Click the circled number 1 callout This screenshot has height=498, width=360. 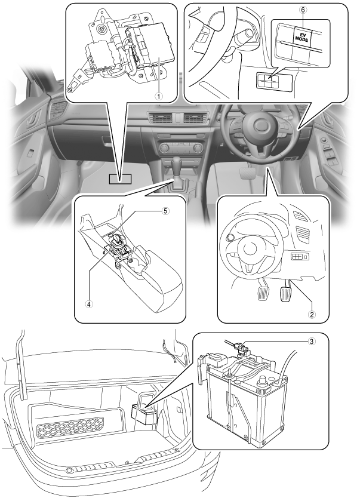[x=159, y=96]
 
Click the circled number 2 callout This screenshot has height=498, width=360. [x=312, y=314]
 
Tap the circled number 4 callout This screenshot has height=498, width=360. [x=89, y=304]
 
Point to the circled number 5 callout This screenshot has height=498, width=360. [x=165, y=211]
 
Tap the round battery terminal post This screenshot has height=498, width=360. [x=263, y=380]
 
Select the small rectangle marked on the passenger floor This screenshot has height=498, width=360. [x=120, y=179]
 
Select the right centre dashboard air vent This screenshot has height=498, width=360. [x=195, y=118]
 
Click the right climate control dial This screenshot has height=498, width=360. [x=198, y=147]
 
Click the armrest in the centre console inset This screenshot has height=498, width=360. [x=162, y=289]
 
